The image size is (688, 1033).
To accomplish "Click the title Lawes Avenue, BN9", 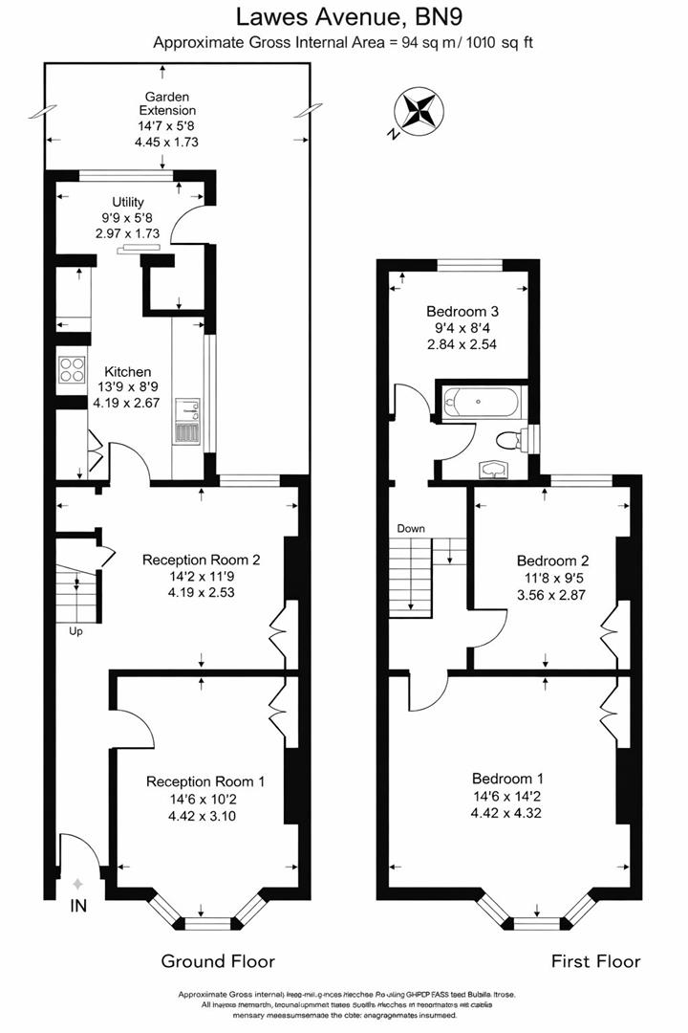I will [343, 16].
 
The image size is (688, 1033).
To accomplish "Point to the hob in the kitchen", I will [73, 369].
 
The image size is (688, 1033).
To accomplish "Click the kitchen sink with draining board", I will [187, 422].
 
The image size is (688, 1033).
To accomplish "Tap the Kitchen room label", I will [127, 371].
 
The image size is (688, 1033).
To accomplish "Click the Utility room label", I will [128, 202].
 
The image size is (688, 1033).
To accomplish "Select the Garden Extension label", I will [166, 103].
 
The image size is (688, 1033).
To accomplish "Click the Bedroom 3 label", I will [462, 312].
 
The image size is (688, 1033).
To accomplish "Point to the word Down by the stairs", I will [411, 528].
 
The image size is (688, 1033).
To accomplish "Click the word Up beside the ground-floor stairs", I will [75, 630].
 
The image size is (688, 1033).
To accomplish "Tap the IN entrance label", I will [78, 904].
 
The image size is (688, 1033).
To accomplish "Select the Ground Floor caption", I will [218, 960].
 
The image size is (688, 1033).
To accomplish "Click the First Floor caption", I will [595, 960].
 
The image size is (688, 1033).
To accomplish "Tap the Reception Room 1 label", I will [205, 781].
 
